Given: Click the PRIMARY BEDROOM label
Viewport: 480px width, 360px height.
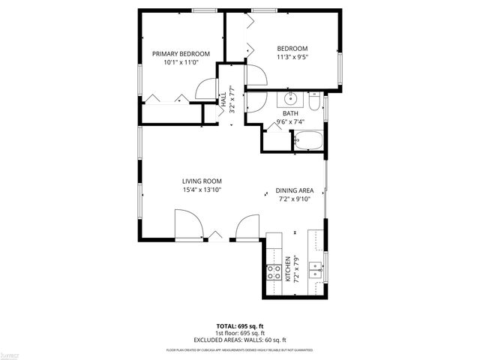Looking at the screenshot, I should (181, 53).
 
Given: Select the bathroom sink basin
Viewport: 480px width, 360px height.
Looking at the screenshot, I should (290, 100).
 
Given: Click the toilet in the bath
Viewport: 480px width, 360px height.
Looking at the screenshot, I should (315, 100).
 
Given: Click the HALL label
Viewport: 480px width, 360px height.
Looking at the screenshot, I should (223, 97).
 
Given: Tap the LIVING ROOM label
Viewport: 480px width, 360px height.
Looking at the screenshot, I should (202, 181).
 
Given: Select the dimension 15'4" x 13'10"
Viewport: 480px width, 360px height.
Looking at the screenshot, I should (202, 190).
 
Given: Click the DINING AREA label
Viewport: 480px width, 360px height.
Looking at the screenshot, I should (295, 190).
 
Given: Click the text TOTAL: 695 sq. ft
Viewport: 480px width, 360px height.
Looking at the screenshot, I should (240, 326).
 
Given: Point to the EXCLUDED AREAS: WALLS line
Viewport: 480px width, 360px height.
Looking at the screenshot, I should (240, 339).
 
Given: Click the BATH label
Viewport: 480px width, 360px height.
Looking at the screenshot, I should (289, 113).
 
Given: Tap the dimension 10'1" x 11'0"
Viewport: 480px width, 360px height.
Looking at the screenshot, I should (181, 62).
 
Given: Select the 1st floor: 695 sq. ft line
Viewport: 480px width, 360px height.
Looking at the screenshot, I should (240, 333).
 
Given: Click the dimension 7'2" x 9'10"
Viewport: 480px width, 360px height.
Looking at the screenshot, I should (295, 199).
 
